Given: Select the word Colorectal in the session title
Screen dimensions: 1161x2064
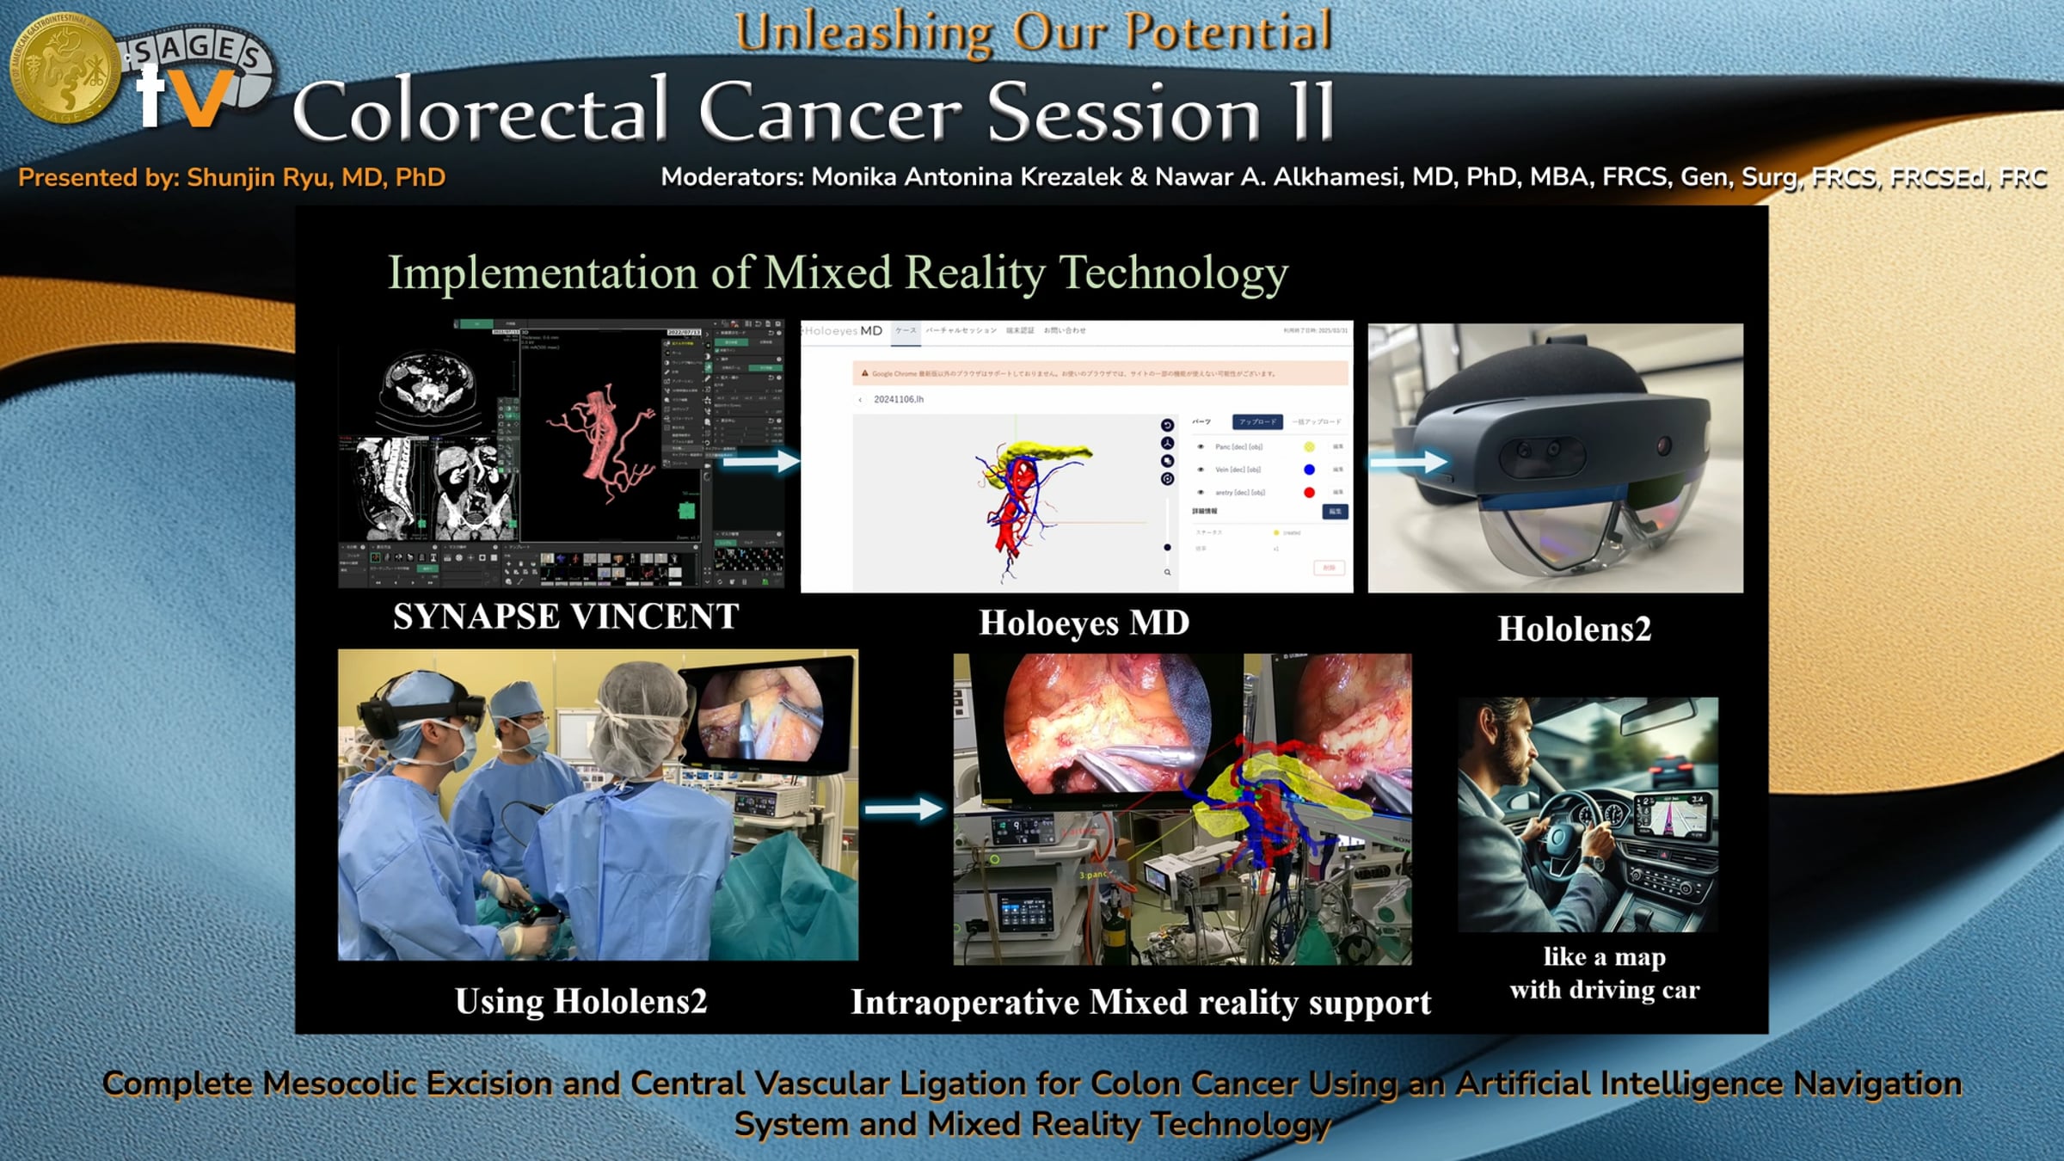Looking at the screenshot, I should (480, 112).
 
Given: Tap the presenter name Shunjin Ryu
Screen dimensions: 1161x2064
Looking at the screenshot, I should (259, 177).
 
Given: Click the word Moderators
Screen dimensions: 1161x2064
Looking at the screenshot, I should (732, 177).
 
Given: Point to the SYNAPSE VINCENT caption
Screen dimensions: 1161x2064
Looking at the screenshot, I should (565, 616).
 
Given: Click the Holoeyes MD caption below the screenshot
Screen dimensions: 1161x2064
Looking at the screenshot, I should (1084, 623).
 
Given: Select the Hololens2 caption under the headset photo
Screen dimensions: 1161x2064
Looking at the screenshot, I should (1574, 629).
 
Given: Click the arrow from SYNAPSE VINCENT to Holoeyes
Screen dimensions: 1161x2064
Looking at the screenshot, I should (760, 462).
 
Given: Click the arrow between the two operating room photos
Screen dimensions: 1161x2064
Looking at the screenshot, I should (903, 808).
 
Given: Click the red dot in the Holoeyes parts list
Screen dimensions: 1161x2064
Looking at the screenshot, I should (1309, 492).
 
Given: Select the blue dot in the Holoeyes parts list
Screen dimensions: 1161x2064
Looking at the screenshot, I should (1309, 470).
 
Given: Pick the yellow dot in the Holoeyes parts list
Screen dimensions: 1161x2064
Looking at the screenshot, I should (1309, 446).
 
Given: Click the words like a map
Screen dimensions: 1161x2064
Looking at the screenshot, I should (1604, 956).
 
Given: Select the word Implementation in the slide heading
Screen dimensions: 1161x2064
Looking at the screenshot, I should (542, 273).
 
